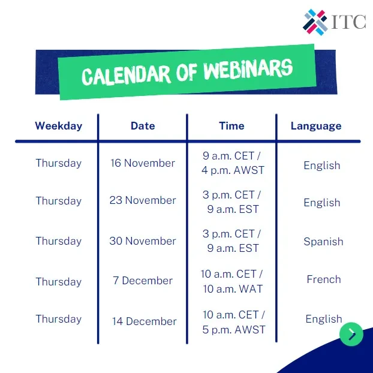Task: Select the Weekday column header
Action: pyautogui.click(x=58, y=126)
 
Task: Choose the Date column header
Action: pyautogui.click(x=143, y=126)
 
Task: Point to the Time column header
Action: pyautogui.click(x=231, y=126)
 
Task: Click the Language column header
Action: pyautogui.click(x=316, y=126)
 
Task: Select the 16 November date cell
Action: pyautogui.click(x=143, y=163)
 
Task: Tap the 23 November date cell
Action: pyautogui.click(x=143, y=201)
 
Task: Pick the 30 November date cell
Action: pyautogui.click(x=143, y=241)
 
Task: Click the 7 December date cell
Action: pyautogui.click(x=143, y=281)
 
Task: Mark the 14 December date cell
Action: pyautogui.click(x=144, y=321)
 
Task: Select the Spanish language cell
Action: pyautogui.click(x=323, y=242)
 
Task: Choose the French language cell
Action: pyautogui.click(x=324, y=279)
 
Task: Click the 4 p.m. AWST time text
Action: pyautogui.click(x=233, y=170)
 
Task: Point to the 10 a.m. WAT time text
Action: pyautogui.click(x=232, y=288)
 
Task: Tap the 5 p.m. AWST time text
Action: pyautogui.click(x=233, y=329)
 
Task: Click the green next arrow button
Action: pyautogui.click(x=351, y=335)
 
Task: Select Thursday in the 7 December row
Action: pyautogui.click(x=58, y=281)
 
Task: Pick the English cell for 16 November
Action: pyautogui.click(x=322, y=166)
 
